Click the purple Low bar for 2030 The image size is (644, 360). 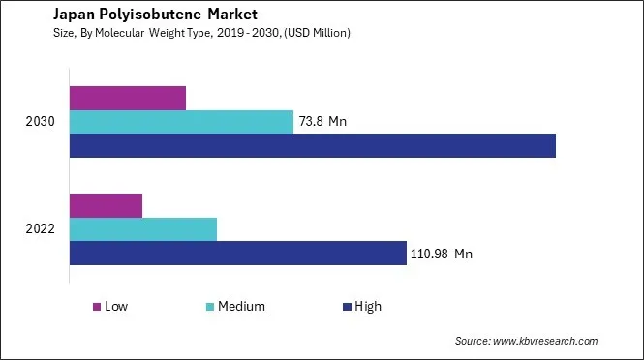pyautogui.click(x=127, y=98)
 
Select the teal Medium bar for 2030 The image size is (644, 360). pyautogui.click(x=181, y=122)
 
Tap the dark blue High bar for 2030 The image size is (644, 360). pyautogui.click(x=312, y=145)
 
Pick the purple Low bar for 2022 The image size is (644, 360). pyautogui.click(x=106, y=205)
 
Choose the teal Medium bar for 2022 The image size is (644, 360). pyautogui.click(x=143, y=229)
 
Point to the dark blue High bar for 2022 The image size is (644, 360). pyautogui.click(x=237, y=253)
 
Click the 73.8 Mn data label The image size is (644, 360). pyautogui.click(x=323, y=122)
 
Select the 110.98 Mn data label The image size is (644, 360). pyautogui.click(x=442, y=254)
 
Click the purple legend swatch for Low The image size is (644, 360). pyautogui.click(x=97, y=307)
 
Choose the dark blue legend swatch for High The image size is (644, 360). pyautogui.click(x=346, y=307)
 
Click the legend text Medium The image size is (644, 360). pyautogui.click(x=241, y=307)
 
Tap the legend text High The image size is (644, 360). pyautogui.click(x=368, y=307)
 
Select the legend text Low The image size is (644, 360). pyautogui.click(x=116, y=307)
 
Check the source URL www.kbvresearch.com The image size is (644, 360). pyautogui.click(x=545, y=341)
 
